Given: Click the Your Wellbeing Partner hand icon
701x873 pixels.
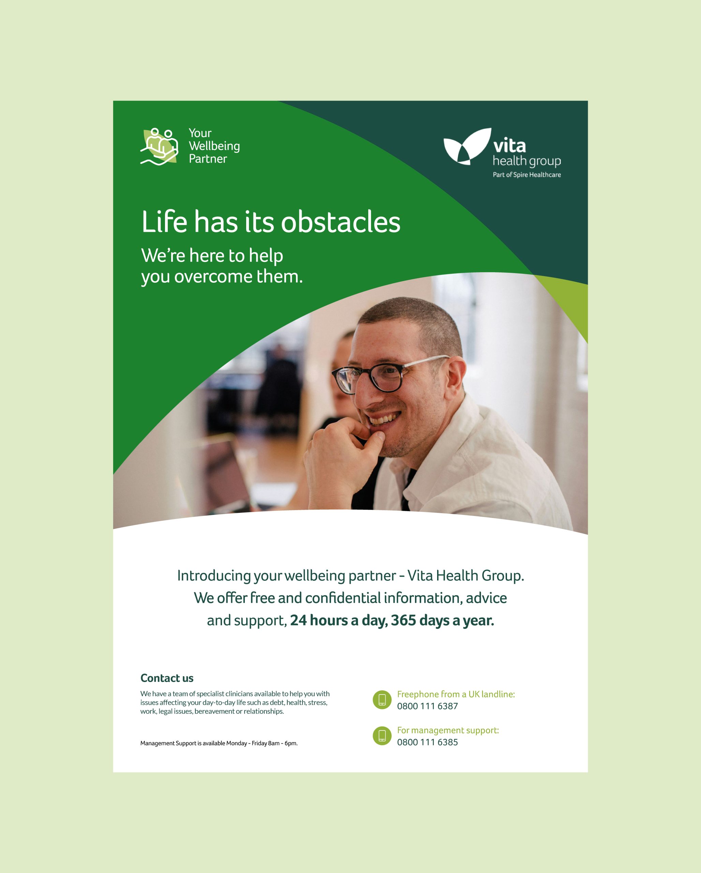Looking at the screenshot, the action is point(159,147).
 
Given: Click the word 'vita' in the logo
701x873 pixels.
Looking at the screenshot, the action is point(509,145).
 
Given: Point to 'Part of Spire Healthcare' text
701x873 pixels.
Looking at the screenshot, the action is point(526,175).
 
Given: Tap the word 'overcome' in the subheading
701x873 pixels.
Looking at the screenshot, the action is point(213,277).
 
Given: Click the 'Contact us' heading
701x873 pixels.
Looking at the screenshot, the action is point(167,678).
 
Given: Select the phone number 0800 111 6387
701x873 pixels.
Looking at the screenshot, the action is point(428,706).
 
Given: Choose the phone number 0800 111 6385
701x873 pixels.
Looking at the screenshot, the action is point(428,742).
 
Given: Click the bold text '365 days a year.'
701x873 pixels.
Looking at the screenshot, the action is point(442,620).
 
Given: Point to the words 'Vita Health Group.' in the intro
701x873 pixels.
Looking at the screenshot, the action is point(466,575).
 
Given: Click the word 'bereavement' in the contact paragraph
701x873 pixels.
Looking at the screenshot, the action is point(214,711).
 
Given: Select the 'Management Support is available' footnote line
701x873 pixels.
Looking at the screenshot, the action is point(219,743).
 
